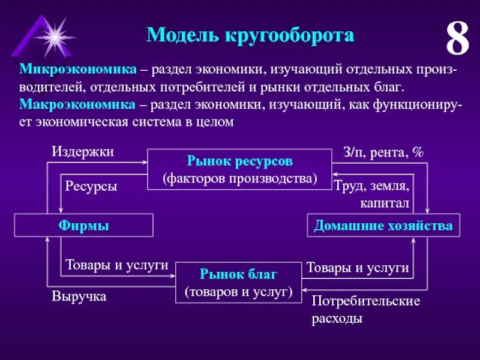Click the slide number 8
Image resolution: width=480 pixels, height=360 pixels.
pyautogui.click(x=457, y=40)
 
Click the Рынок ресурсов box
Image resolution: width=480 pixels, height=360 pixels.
pyautogui.click(x=239, y=169)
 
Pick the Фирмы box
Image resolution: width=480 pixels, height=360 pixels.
pyautogui.click(x=84, y=226)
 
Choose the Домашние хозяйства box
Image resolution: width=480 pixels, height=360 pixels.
pyautogui.click(x=383, y=226)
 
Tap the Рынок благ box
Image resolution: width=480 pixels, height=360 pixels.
pyautogui.click(x=239, y=283)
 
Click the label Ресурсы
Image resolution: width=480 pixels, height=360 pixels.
pyautogui.click(x=91, y=186)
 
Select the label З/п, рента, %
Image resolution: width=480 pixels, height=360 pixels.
pyautogui.click(x=383, y=152)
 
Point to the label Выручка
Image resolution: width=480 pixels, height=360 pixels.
pyautogui.click(x=79, y=296)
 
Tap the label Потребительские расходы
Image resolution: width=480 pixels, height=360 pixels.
pyautogui.click(x=365, y=309)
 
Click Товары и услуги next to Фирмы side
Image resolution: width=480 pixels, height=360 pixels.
pyautogui.click(x=116, y=265)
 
